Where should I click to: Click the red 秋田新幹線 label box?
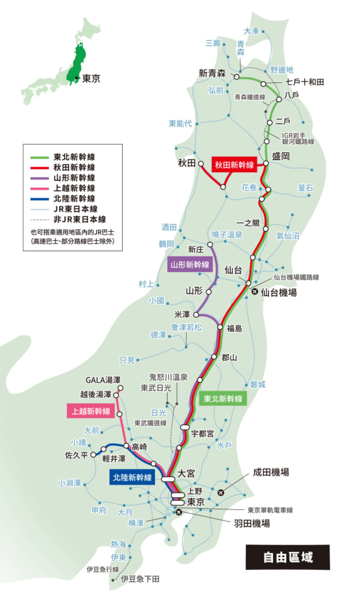point(234,165)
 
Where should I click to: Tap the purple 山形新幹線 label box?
point(190,265)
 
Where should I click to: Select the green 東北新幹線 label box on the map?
point(223,399)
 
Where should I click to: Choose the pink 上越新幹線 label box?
point(91,411)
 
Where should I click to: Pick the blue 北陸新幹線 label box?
point(132,478)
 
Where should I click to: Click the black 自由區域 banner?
point(288,557)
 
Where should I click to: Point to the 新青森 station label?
point(212,73)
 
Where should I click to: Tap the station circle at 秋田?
point(201,164)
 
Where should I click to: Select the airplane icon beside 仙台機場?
point(255,292)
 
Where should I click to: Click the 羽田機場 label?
point(252,523)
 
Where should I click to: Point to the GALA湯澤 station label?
point(103,380)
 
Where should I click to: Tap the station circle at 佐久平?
point(93,455)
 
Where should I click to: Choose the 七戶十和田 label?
point(305,82)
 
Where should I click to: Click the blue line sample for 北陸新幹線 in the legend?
point(39,199)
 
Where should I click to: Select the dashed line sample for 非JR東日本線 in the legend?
point(39,220)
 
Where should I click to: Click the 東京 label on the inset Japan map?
point(91,79)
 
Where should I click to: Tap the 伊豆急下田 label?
point(140,579)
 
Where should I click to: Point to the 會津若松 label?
point(186,327)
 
